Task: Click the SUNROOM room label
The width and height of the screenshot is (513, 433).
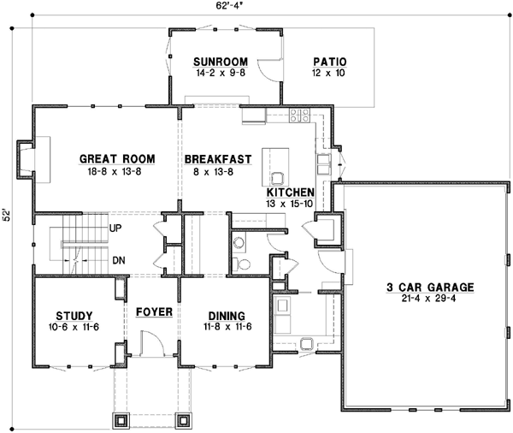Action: pyautogui.click(x=220, y=62)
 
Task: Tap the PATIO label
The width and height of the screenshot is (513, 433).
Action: pyautogui.click(x=329, y=62)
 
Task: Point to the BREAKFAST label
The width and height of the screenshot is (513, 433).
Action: pyautogui.click(x=217, y=159)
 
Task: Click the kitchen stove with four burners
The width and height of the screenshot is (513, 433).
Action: pyautogui.click(x=300, y=115)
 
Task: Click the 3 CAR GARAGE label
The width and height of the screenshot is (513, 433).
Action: pyautogui.click(x=417, y=287)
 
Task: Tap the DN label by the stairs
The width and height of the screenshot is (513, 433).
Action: pyautogui.click(x=117, y=259)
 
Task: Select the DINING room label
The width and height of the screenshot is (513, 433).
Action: pyautogui.click(x=226, y=315)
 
